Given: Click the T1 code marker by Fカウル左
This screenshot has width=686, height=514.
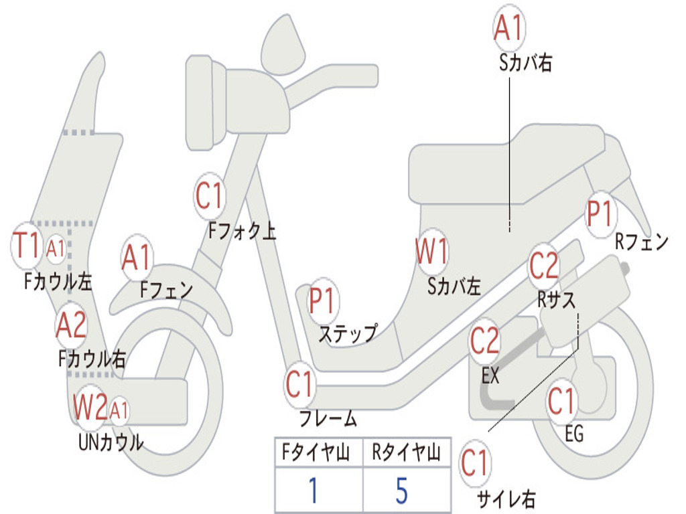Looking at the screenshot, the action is [28, 246].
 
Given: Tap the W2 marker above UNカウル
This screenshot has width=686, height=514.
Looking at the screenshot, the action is [90, 408].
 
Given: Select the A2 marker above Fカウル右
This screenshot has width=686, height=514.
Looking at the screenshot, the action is [71, 326].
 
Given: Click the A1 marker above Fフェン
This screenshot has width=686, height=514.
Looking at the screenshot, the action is [137, 258].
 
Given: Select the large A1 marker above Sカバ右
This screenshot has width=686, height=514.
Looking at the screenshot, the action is [508, 28].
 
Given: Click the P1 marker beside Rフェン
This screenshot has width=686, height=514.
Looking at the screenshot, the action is [600, 215].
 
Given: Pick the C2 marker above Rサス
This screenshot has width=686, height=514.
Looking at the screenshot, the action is [544, 266].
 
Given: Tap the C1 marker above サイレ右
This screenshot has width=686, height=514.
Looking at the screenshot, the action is [476, 464].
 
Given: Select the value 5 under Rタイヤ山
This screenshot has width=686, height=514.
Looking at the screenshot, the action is [401, 491].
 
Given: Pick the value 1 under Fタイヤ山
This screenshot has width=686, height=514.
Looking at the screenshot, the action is [314, 491].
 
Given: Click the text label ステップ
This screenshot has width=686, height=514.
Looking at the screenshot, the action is [348, 333].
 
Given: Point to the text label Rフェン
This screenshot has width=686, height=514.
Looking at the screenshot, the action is [642, 242].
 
